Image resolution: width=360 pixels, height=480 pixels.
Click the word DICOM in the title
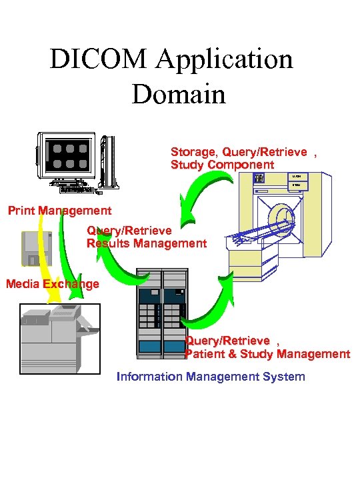(x=98, y=60)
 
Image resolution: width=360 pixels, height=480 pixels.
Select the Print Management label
(x=59, y=211)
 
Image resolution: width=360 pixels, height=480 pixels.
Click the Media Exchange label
(x=52, y=284)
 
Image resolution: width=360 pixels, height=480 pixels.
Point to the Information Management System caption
(x=211, y=377)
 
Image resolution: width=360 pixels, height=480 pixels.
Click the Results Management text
(x=147, y=243)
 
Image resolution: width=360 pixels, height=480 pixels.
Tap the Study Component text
(x=222, y=165)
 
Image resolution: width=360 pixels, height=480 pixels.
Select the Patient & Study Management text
(x=267, y=354)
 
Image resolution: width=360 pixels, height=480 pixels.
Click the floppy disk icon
(x=37, y=247)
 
